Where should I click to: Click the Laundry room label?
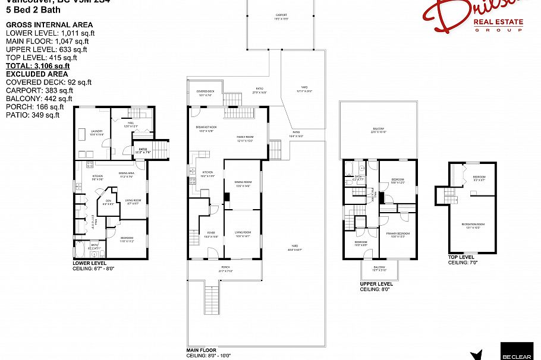click(96, 132)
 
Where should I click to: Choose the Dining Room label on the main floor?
click(243, 183)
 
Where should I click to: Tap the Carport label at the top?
click(281, 16)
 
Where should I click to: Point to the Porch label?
click(225, 269)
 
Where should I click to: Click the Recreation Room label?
click(473, 225)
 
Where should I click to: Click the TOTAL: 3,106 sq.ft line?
click(37, 66)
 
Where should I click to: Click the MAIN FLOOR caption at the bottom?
click(202, 350)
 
